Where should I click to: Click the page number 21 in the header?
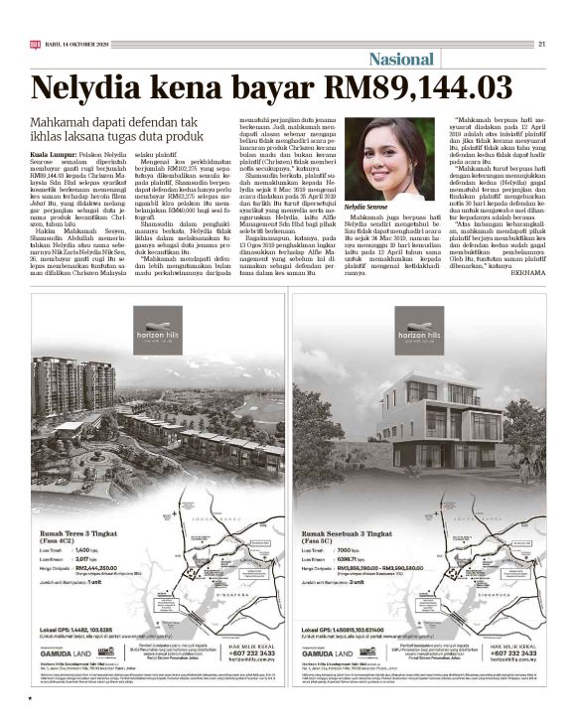[x=542, y=43]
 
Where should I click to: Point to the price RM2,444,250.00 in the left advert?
[x=99, y=568]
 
